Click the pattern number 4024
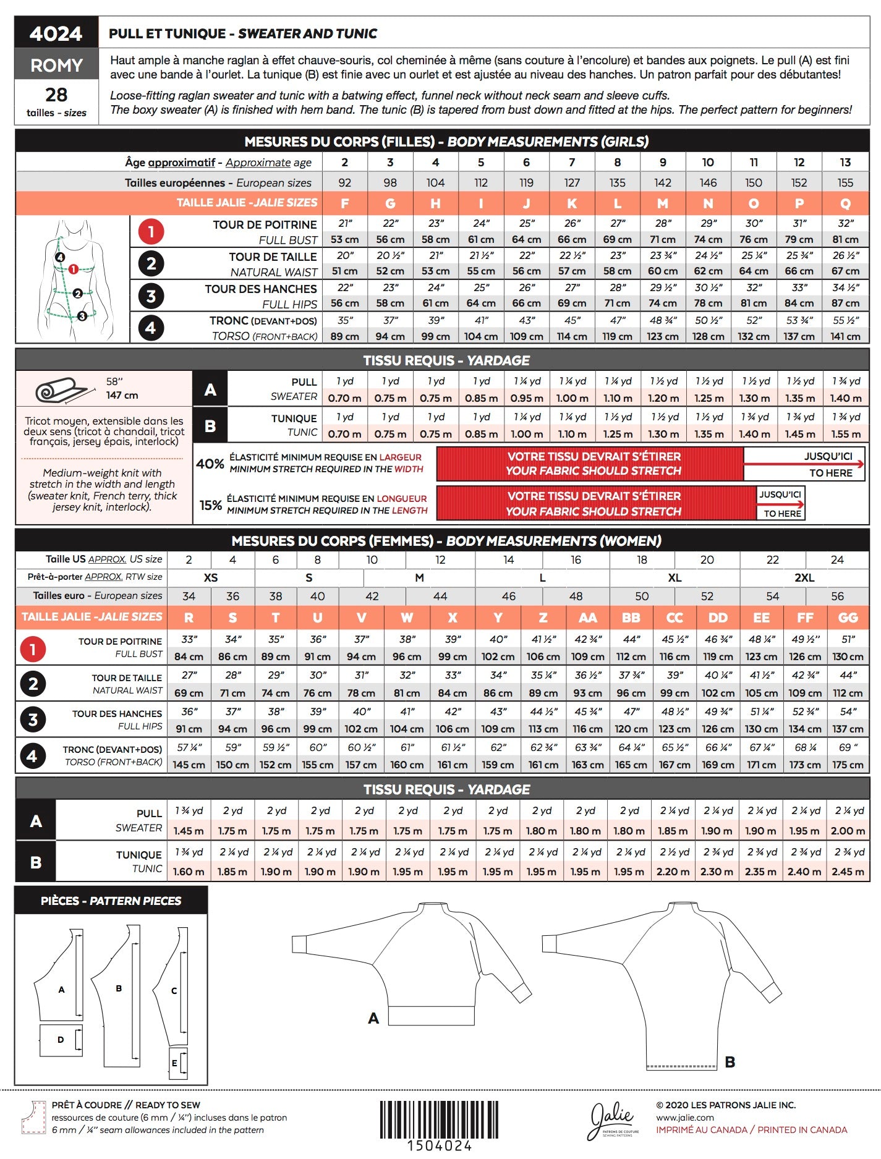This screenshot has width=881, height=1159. click(56, 33)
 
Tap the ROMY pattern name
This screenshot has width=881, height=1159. click(56, 65)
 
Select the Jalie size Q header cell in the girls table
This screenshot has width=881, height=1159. click(845, 203)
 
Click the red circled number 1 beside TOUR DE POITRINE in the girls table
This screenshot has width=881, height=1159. click(151, 232)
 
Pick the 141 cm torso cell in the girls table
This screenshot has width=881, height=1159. click(845, 337)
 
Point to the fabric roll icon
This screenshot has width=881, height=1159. click(62, 391)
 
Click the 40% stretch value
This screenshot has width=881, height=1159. click(210, 464)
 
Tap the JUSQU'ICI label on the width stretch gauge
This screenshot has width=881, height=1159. click(828, 456)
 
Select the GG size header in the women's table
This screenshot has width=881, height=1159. click(848, 618)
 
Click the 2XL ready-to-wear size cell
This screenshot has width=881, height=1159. click(804, 577)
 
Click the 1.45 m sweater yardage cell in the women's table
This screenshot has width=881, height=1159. click(189, 831)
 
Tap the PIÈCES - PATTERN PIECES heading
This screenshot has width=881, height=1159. click(111, 901)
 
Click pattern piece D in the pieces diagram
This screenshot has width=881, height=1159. click(61, 1040)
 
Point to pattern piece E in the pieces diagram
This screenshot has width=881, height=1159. click(176, 1063)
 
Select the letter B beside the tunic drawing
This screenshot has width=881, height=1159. click(730, 1062)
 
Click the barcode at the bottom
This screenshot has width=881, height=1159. click(439, 1119)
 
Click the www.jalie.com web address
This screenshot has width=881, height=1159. click(685, 1118)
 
